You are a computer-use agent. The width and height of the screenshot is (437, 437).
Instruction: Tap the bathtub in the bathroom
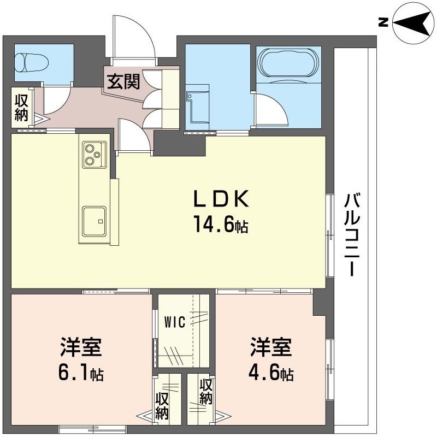pos(287,63)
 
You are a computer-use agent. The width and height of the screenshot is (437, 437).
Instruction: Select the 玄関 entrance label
pos(123,81)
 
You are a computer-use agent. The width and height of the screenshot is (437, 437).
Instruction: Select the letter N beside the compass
pos(383,22)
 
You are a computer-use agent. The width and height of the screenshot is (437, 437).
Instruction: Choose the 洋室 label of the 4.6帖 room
pos(271,346)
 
